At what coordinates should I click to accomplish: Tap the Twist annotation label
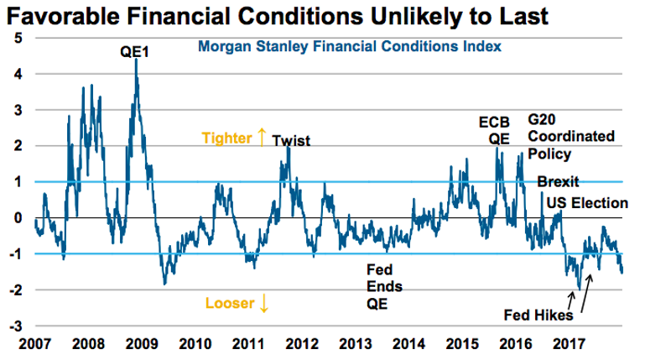coord(291,141)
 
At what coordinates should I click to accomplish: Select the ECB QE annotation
coord(494,131)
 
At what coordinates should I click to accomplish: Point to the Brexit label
coord(558,182)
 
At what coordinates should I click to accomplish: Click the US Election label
coord(587,202)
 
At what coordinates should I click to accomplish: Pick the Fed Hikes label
coord(538,316)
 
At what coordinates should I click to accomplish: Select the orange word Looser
coord(227,303)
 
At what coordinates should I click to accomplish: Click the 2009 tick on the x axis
coord(140,343)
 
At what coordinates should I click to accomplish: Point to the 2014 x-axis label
coord(408,343)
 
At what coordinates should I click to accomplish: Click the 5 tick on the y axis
coord(19,39)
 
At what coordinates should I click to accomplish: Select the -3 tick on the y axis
coord(17,326)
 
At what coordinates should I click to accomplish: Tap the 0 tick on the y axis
coord(19,218)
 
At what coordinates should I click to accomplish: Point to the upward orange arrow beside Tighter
coord(262,137)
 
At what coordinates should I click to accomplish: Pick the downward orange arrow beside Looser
coord(264,303)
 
